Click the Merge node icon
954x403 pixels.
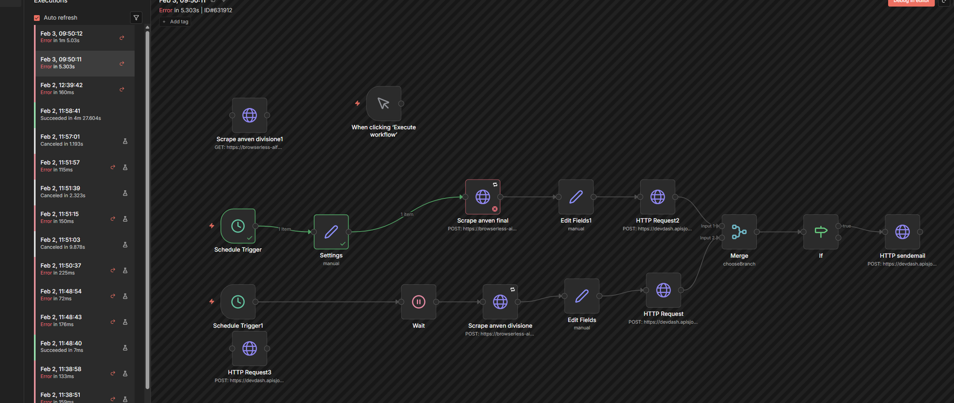tap(739, 232)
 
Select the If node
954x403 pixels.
tap(821, 232)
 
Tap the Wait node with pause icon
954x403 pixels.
tap(418, 302)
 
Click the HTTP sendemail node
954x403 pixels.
tap(902, 232)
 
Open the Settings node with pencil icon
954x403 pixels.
tap(331, 232)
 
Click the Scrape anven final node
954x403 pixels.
tap(483, 197)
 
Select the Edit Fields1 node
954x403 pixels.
tap(576, 197)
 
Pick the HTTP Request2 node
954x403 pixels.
tap(657, 197)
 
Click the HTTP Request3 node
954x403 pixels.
tap(250, 349)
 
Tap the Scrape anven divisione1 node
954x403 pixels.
tap(250, 115)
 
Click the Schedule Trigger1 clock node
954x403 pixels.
tap(238, 302)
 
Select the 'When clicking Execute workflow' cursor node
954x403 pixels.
tap(384, 104)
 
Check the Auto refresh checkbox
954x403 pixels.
tap(37, 18)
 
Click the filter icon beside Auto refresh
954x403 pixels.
tap(136, 18)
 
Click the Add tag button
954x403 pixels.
tap(175, 22)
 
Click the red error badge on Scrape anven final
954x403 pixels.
tap(495, 209)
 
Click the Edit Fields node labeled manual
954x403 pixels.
tap(582, 296)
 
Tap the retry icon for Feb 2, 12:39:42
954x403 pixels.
tap(122, 89)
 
